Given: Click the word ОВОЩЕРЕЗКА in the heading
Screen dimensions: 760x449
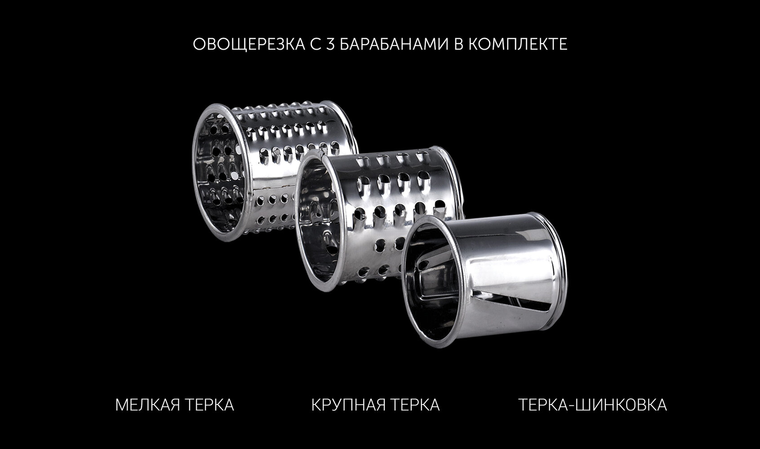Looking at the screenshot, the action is (x=249, y=44).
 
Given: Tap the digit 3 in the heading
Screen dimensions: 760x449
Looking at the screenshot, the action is (x=330, y=44).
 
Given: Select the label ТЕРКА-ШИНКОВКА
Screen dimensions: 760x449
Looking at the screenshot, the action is (x=592, y=405).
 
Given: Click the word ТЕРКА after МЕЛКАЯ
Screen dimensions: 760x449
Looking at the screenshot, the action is (x=209, y=405).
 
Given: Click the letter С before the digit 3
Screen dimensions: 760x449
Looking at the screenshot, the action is (x=316, y=44).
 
